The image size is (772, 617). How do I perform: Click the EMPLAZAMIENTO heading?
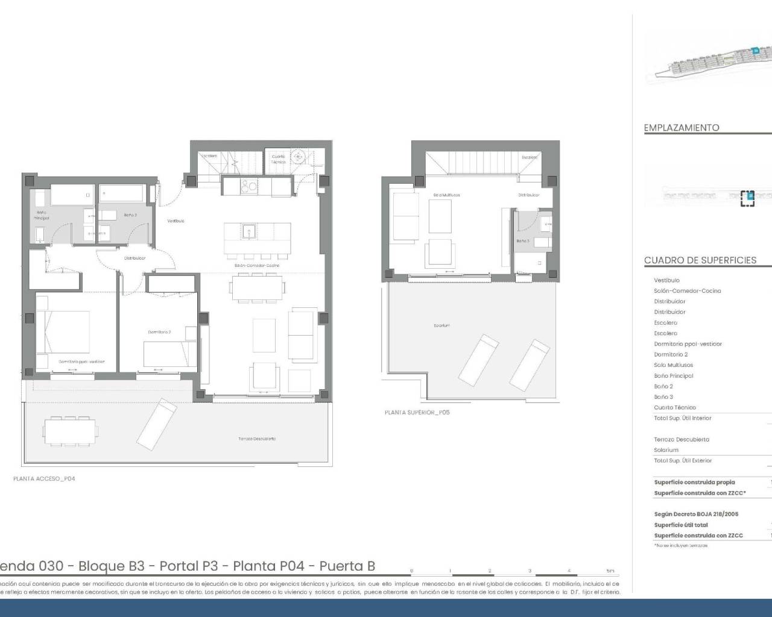coord(682,128)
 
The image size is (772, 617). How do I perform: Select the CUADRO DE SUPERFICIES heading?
coord(700,260)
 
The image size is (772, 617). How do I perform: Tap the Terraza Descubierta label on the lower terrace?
coord(257,439)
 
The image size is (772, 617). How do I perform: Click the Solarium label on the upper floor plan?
coord(441,325)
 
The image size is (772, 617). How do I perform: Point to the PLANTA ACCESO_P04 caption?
coord(44,478)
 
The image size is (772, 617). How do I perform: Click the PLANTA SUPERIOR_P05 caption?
coord(417,412)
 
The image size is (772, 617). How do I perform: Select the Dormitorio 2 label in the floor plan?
coord(159,332)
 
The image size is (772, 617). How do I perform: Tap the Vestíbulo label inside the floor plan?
coord(176,221)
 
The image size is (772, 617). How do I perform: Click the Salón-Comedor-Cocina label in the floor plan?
coord(257,265)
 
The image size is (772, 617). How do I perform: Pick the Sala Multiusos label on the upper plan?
coord(446,195)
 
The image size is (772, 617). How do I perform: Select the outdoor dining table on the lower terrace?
coord(69,430)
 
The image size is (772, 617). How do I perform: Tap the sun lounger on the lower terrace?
coord(157,424)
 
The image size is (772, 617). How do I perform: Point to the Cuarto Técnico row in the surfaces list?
coord(675,407)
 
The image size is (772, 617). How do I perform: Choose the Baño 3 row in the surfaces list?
coord(663,397)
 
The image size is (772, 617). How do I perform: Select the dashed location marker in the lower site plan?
coord(747,198)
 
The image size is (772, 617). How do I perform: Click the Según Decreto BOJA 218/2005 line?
coord(696,514)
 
